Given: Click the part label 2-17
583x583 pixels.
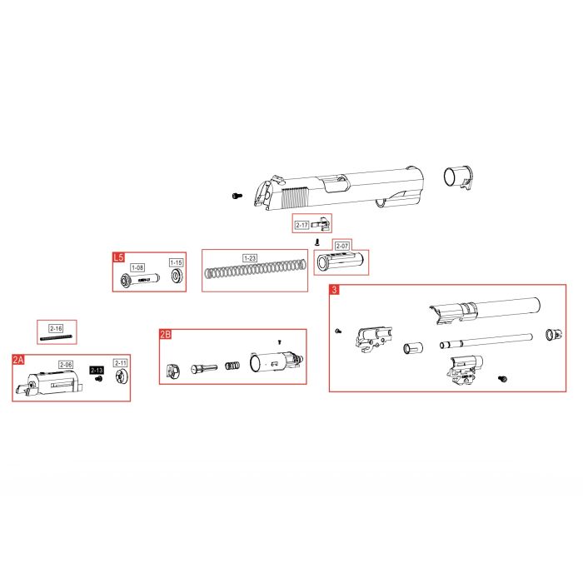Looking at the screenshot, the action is [x=301, y=225].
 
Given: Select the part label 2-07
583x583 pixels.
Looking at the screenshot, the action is [x=341, y=246].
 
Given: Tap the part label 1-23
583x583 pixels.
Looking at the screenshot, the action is [x=250, y=258].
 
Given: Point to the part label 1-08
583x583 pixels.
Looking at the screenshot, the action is [x=137, y=267].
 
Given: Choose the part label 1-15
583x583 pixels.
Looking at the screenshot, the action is [x=176, y=262].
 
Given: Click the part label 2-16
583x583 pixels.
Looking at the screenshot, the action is [x=56, y=328].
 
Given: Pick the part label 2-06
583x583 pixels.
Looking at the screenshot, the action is [x=66, y=365].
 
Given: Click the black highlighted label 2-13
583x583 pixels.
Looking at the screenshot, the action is [x=97, y=371].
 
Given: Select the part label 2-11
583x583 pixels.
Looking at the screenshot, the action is [x=121, y=363].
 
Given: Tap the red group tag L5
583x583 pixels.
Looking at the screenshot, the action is [x=118, y=257].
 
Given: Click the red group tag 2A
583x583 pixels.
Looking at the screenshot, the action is [x=18, y=360].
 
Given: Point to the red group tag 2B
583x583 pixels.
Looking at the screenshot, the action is [x=165, y=335].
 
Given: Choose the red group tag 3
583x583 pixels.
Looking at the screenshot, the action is [x=334, y=290].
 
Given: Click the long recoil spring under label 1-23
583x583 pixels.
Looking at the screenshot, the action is [x=257, y=270].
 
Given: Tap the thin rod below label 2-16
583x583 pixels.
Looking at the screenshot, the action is [x=55, y=337].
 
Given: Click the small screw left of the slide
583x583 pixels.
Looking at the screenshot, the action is [x=237, y=195].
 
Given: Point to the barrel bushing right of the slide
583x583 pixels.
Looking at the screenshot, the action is [x=458, y=177].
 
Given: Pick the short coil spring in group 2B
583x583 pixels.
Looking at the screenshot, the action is [x=232, y=366].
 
